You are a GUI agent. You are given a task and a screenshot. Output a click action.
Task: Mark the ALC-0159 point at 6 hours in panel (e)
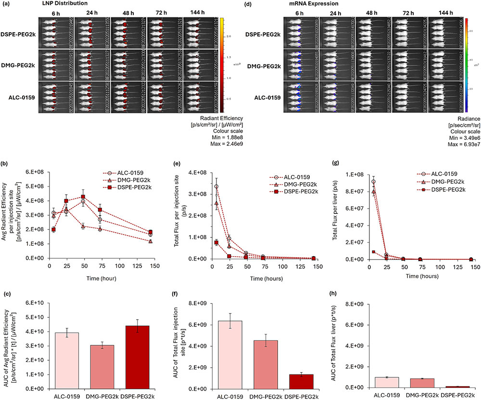pyautogui.click(x=216, y=187)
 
